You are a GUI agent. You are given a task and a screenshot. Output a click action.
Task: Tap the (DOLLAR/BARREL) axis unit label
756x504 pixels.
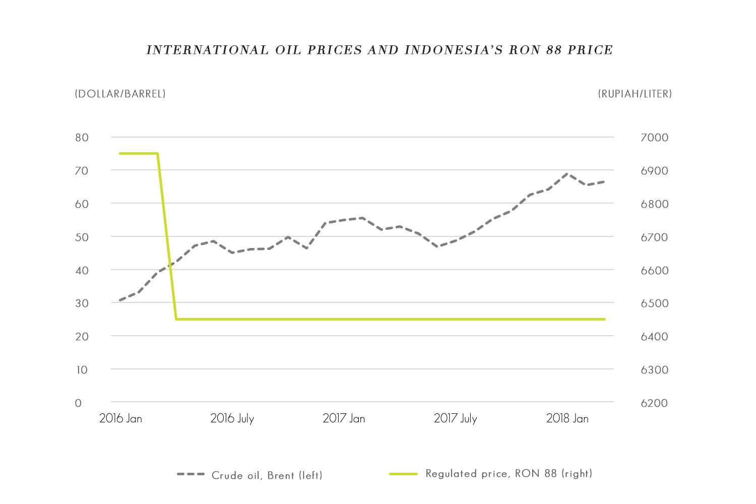coord(120,94)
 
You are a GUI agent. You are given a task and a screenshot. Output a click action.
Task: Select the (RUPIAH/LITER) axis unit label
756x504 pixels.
coord(635,94)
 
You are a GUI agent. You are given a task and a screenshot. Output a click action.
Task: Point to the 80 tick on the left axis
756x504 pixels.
coord(82,138)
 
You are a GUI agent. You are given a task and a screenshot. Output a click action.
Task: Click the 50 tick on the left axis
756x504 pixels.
coord(82,237)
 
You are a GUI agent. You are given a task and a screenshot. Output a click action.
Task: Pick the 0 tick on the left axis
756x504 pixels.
coord(78,403)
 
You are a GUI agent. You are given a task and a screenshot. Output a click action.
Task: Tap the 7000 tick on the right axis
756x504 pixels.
coord(654,138)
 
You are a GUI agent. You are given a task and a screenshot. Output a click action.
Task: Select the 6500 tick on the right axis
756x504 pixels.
coord(654,303)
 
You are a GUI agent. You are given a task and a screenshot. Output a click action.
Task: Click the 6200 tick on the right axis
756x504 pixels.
coord(654,403)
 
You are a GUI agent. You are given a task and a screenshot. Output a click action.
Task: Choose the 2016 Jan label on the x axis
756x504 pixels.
coord(120,418)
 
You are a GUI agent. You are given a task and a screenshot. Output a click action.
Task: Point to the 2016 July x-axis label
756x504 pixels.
coord(232,418)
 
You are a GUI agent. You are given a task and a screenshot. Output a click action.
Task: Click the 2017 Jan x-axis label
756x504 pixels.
coord(344,418)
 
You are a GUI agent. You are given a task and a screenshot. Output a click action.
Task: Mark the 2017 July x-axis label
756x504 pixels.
coord(455,418)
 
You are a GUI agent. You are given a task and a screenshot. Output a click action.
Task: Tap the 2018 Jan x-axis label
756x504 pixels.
coord(567,418)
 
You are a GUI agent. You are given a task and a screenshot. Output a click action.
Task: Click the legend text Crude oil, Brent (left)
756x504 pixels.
coord(267,475)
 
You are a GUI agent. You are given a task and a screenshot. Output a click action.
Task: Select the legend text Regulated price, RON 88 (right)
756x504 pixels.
coord(509,474)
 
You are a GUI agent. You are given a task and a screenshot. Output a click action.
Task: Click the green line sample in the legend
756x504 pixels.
coord(403,474)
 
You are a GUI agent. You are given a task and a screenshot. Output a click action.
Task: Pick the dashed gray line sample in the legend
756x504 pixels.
coord(191,474)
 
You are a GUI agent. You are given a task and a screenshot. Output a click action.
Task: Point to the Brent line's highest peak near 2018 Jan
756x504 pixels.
coord(568,173)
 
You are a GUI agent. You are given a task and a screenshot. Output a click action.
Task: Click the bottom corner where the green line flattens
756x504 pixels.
coord(176,319)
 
